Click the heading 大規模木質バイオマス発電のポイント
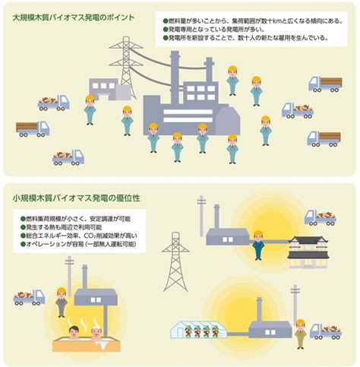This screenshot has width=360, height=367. [74, 17]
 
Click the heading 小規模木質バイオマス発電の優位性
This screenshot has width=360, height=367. [76, 198]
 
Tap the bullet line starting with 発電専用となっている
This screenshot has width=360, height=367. [213, 30]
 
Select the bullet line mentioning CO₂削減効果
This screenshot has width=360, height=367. [79, 236]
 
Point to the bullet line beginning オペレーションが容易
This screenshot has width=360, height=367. [78, 244]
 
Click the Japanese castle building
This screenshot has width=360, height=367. [308, 252]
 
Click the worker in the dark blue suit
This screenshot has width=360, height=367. [258, 245]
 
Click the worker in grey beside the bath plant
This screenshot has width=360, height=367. [62, 302]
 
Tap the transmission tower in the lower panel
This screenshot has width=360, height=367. [175, 261]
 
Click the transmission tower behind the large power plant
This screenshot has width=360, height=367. [126, 67]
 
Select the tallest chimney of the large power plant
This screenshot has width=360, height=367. [175, 78]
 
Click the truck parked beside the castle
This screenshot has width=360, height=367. [321, 218]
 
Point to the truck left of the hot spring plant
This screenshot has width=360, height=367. [29, 298]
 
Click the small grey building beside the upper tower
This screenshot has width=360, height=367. [109, 89]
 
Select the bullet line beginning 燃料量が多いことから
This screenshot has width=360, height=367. [253, 21]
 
